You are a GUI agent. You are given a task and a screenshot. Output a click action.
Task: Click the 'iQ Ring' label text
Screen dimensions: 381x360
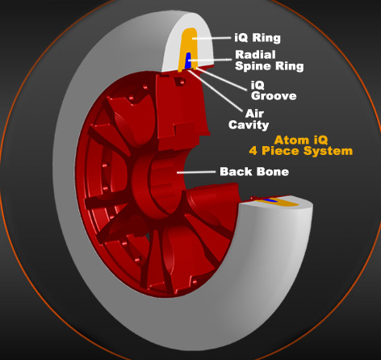coord(257,38)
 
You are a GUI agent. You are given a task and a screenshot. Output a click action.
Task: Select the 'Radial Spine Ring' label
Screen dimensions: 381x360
coord(270,61)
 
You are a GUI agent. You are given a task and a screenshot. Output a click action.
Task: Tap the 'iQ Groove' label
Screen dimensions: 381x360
coord(274,90)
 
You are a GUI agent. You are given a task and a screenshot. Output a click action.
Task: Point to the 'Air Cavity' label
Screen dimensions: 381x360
coord(249,119)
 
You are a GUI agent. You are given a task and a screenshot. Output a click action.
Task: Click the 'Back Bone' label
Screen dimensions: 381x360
coord(254,172)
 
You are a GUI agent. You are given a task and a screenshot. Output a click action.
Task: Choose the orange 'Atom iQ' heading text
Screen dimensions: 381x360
coord(301,140)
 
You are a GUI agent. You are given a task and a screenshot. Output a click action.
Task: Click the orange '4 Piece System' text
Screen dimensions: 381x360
coord(301,151)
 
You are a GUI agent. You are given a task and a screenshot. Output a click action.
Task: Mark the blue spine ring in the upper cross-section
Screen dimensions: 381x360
coord(188,61)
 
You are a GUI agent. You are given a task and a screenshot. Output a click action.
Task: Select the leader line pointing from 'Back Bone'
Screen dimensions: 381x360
coord(196,172)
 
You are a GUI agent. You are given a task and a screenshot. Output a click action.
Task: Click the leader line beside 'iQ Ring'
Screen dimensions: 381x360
coord(211,38)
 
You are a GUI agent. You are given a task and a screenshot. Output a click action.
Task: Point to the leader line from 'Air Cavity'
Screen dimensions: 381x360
coord(216,90)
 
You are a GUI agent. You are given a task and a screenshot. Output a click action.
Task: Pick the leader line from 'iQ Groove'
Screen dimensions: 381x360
coord(221,78)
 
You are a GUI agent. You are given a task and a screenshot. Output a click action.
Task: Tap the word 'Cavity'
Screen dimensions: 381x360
coord(249,125)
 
